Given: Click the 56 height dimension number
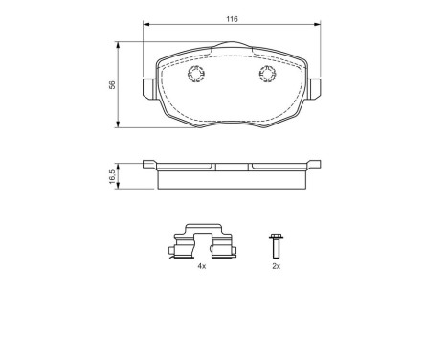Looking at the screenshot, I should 112,84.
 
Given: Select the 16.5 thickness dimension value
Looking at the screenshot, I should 112,176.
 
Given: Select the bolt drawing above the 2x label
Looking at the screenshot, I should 276,244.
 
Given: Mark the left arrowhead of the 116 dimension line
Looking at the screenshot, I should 146,26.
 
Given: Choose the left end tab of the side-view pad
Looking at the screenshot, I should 150,166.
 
